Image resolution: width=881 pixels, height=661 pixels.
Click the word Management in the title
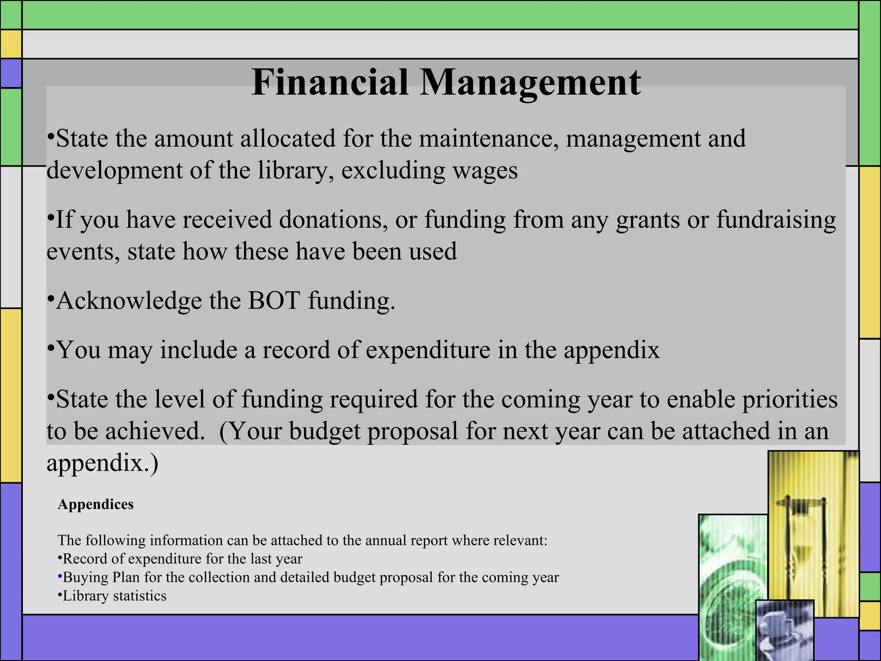pos(530,83)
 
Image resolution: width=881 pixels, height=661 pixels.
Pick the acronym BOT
pos(274,300)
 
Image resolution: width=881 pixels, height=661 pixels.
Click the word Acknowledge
pos(129,301)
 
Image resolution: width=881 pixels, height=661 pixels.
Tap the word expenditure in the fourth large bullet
pos(428,349)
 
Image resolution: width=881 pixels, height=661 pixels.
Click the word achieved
pos(155,431)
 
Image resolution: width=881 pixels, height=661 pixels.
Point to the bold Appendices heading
pos(95,504)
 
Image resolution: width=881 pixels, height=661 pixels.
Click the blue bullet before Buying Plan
pos(60,577)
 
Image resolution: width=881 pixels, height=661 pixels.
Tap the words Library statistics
pos(114,596)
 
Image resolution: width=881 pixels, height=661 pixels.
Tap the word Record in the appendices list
pos(84,559)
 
